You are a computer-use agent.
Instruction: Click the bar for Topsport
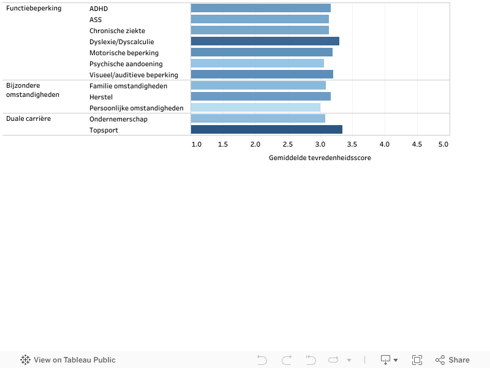tap(266, 129)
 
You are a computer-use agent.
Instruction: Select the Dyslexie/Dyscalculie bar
tap(265, 41)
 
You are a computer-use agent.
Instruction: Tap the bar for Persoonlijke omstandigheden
tap(255, 107)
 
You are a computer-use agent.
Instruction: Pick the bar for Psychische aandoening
tap(257, 63)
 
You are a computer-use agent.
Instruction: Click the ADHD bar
tap(260, 8)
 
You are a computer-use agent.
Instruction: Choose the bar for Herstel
tap(260, 96)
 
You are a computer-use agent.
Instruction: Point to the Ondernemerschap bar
tap(258, 118)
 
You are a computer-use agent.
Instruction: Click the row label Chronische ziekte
tap(117, 31)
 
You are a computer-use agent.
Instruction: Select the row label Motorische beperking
tap(124, 53)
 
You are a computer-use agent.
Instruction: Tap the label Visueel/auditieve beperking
tap(134, 75)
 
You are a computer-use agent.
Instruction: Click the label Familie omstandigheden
tap(128, 86)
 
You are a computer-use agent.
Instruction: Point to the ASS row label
tap(96, 20)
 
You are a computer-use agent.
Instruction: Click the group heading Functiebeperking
tap(34, 9)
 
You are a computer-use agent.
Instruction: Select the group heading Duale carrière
tap(29, 118)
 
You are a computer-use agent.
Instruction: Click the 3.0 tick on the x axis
tap(320, 144)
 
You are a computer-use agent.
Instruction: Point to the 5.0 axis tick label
tap(443, 144)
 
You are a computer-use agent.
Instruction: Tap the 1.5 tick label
tap(223, 144)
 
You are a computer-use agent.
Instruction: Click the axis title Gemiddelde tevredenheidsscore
tap(320, 158)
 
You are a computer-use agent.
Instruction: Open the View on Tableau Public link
tap(68, 360)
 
